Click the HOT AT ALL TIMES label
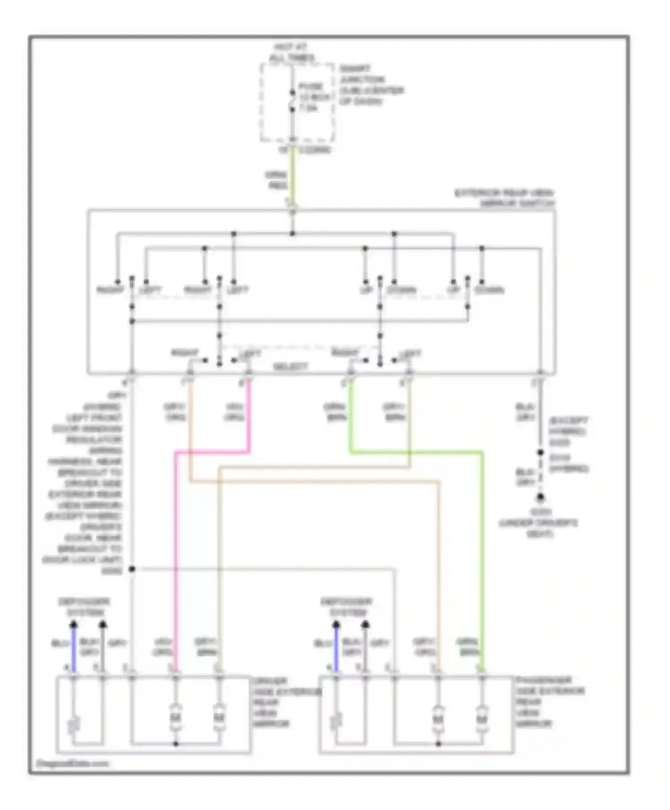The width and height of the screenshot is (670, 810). [x=292, y=52]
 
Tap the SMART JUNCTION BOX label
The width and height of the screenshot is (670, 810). [x=371, y=85]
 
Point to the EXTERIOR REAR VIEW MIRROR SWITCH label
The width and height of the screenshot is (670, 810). [x=505, y=198]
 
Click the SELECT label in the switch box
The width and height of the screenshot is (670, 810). [x=290, y=367]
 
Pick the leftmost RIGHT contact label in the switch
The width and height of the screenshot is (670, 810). [x=110, y=290]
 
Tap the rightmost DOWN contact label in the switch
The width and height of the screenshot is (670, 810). [x=490, y=290]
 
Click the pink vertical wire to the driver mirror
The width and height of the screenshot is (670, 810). [x=176, y=558]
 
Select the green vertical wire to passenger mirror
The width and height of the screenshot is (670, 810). [x=482, y=558]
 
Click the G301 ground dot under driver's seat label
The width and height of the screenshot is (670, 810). [x=540, y=497]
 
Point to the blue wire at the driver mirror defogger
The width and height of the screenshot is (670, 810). [x=74, y=647]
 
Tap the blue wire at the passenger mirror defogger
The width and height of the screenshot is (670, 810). [x=336, y=647]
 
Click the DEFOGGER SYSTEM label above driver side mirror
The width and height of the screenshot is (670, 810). [x=84, y=607]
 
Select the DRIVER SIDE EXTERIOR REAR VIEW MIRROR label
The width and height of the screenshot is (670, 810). [x=272, y=702]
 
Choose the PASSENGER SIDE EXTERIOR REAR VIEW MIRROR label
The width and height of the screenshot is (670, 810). [x=549, y=702]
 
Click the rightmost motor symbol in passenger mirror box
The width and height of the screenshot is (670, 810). [x=482, y=719]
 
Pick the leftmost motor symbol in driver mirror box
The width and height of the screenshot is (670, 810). [x=176, y=719]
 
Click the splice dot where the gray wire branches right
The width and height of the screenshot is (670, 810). [x=132, y=569]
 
